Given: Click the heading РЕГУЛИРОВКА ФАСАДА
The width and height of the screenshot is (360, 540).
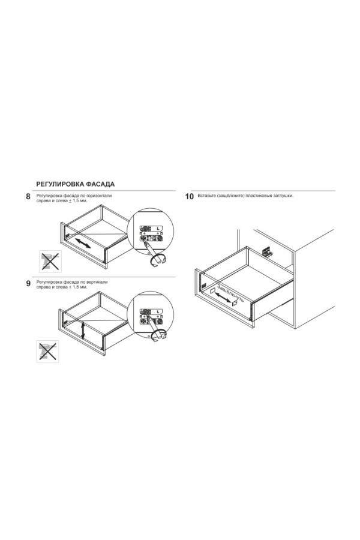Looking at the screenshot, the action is [x=76, y=184].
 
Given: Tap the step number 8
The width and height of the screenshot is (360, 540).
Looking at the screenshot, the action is [x=28, y=197].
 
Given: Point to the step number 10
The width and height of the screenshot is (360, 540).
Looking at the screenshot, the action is [x=190, y=197].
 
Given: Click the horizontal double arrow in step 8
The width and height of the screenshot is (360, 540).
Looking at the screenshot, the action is [x=83, y=242].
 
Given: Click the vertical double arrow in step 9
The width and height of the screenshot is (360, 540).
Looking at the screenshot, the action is [x=83, y=330].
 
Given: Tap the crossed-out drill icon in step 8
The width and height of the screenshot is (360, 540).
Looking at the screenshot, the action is [x=50, y=262].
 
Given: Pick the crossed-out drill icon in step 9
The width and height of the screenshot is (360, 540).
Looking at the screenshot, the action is [x=47, y=351].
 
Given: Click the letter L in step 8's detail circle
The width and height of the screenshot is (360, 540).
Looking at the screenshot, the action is [x=158, y=229].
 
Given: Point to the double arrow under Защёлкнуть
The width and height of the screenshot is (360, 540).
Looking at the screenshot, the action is [x=223, y=298].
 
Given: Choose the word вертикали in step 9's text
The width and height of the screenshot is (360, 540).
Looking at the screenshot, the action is [x=98, y=282].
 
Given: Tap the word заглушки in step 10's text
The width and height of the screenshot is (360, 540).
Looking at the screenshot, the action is [x=284, y=196].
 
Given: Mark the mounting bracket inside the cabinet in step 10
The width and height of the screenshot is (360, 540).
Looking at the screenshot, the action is [x=266, y=252].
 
